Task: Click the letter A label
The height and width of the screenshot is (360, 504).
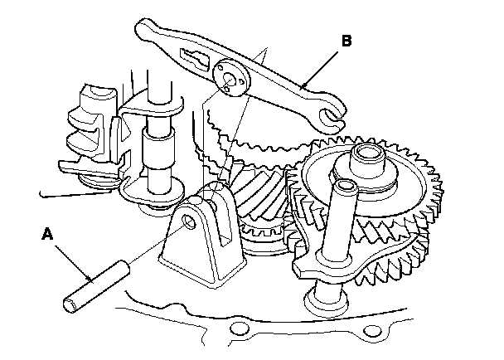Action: coord(48,236)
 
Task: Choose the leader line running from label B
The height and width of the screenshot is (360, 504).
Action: coord(319,67)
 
